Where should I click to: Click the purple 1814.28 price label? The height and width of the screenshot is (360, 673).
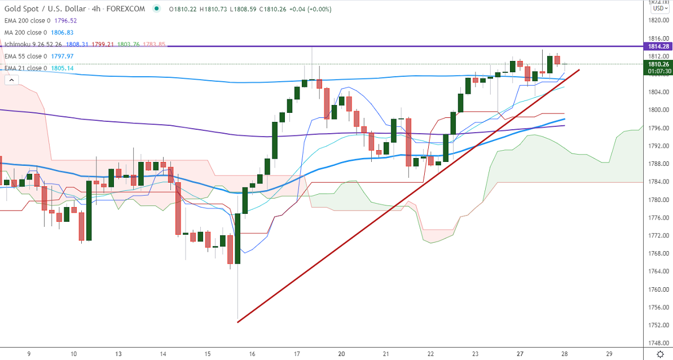click(x=658, y=46)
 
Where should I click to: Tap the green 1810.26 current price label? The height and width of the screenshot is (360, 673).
click(x=658, y=64)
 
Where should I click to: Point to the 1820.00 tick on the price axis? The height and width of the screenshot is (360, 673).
click(x=658, y=20)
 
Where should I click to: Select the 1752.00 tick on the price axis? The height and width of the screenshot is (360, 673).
click(x=658, y=326)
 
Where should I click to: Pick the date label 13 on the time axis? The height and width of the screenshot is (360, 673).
click(x=118, y=354)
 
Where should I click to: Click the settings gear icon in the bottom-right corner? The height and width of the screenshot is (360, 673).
click(x=661, y=354)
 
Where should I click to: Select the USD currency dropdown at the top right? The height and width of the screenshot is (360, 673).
click(x=658, y=8)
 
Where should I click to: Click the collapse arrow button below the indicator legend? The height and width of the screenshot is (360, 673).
click(x=11, y=80)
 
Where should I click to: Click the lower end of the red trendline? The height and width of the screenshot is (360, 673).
click(x=238, y=322)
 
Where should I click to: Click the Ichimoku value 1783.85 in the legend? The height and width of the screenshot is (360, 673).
click(x=154, y=45)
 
